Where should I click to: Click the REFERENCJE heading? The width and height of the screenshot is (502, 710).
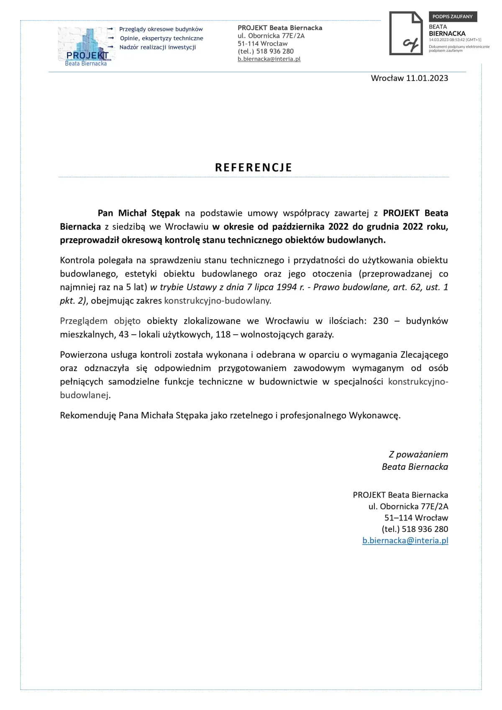tap(254, 167)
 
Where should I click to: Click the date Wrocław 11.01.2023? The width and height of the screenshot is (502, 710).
tap(409, 78)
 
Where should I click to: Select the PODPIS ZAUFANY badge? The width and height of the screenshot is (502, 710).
tap(452, 17)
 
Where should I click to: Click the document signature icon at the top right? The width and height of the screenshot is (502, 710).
tap(406, 33)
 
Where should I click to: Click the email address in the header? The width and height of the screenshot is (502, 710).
tap(269, 59)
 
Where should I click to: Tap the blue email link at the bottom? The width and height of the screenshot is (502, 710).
tap(405, 540)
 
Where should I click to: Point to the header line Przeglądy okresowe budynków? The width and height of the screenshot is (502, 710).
tap(161, 29)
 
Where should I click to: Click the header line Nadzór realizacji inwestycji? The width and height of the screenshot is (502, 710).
tap(157, 47)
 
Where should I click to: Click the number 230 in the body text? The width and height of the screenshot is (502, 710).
tap(380, 321)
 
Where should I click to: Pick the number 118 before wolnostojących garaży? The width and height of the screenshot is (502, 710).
tap(223, 334)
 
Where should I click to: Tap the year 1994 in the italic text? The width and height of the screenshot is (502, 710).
tap(287, 287)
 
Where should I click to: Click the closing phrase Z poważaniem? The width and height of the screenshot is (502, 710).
tap(418, 454)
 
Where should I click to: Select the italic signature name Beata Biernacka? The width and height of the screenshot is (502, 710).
tap(415, 466)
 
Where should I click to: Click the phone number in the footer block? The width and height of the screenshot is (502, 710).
tap(415, 529)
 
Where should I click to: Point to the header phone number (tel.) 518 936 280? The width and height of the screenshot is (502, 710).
tap(266, 51)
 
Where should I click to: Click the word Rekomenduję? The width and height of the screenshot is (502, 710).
tap(88, 415)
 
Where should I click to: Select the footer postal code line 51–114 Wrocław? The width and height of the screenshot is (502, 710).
tap(416, 518)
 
